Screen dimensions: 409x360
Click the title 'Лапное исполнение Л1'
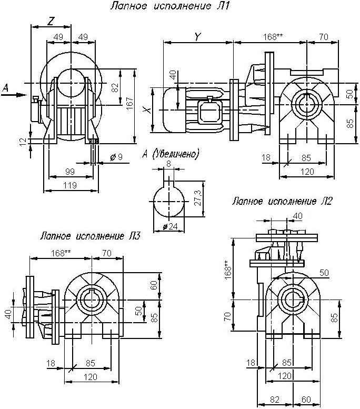(x=169, y=7)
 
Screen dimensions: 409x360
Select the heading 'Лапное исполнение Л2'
(x=282, y=201)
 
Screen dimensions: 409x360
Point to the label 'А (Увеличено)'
(x=171, y=154)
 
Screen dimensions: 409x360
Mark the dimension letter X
(x=149, y=111)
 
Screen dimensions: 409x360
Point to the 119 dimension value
(x=69, y=185)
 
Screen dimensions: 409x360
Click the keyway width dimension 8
(x=168, y=164)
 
